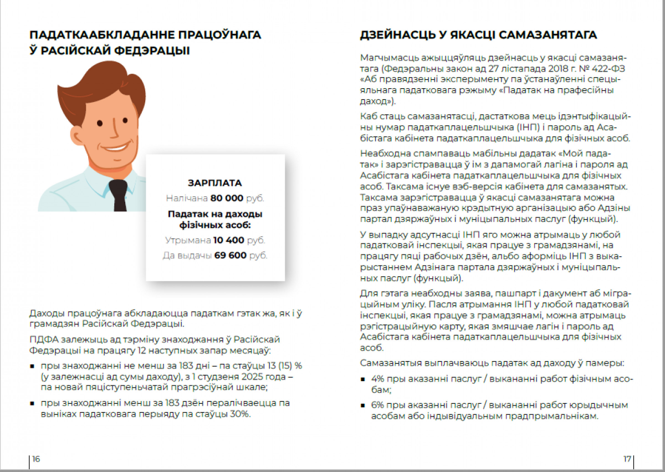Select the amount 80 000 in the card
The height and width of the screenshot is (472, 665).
pos(227,198)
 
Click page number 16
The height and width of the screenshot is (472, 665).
pos(36,459)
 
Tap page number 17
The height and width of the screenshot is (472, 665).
pos(627,459)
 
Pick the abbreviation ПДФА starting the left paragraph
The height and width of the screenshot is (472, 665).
pos(41,339)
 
